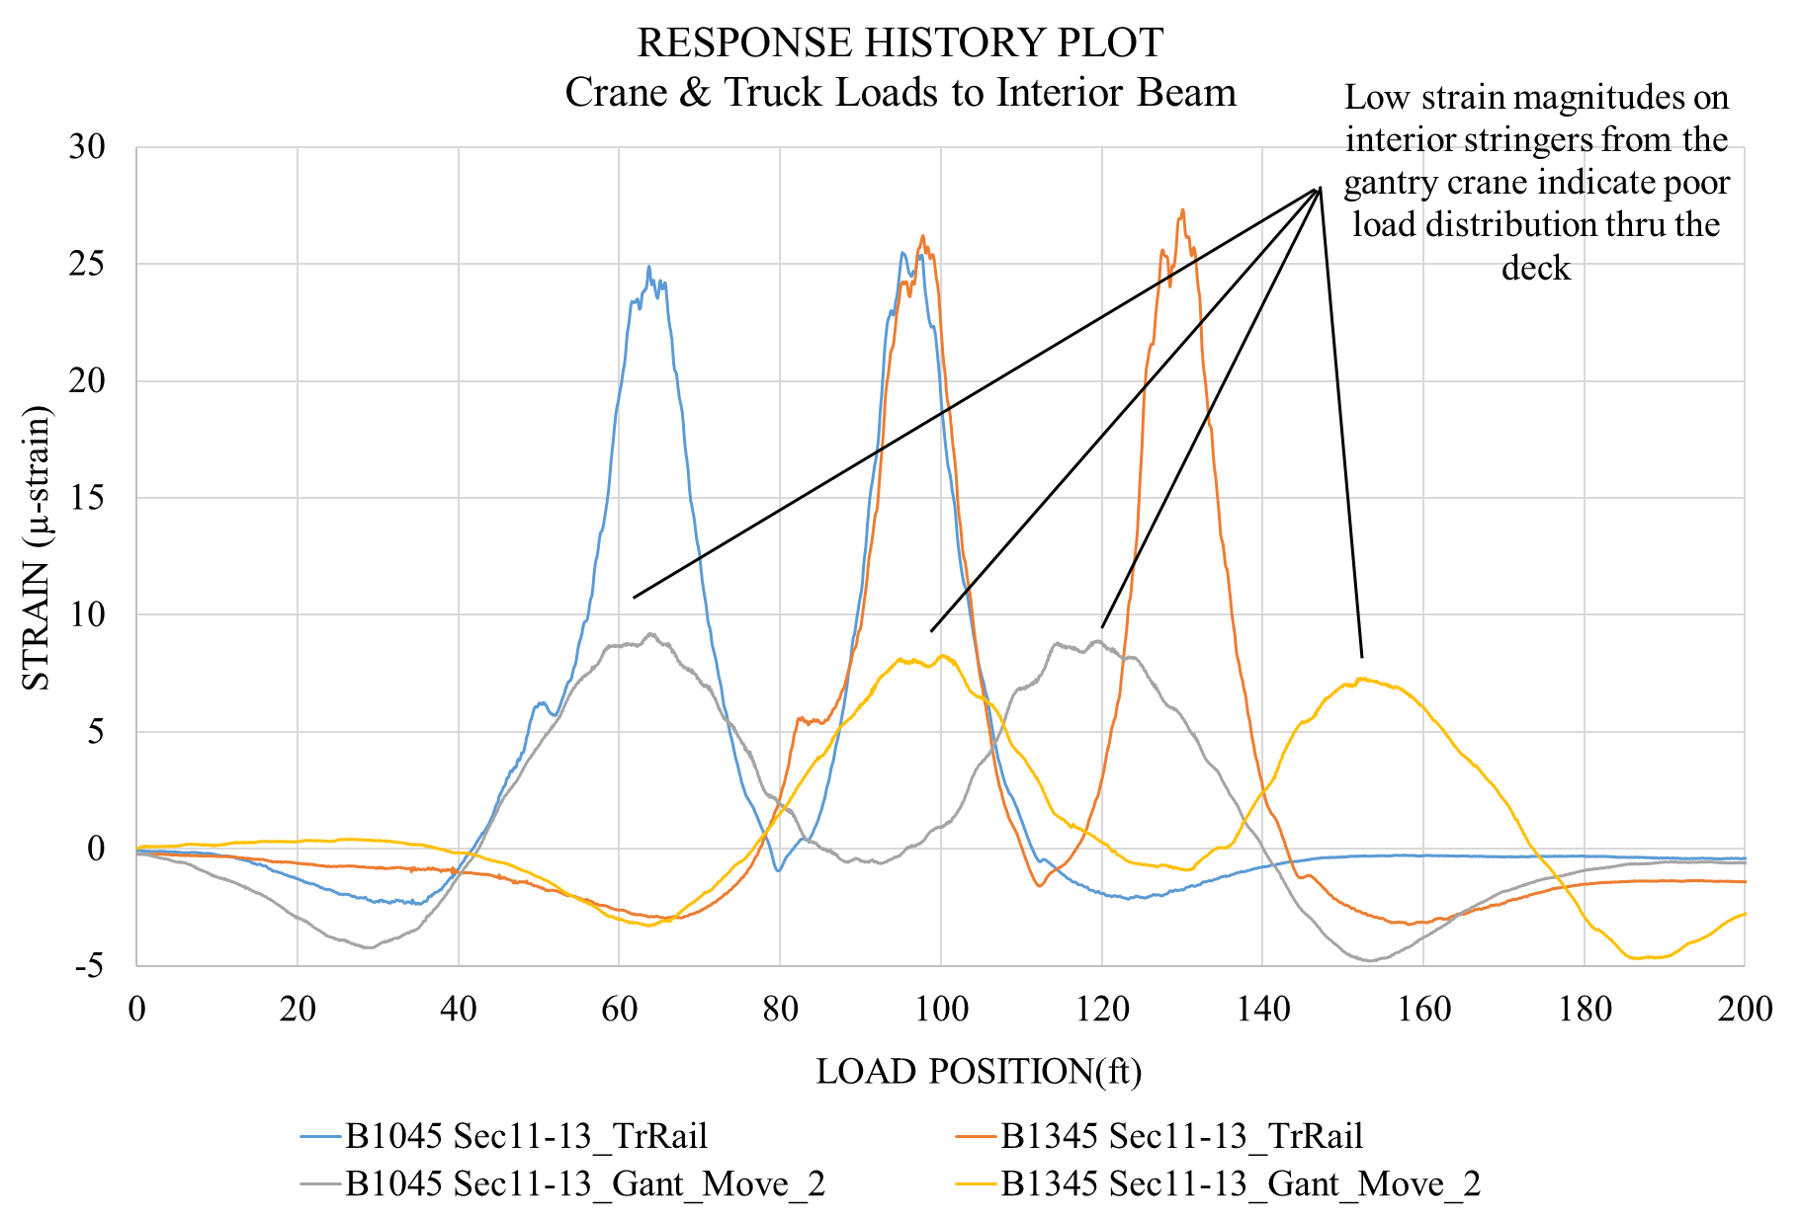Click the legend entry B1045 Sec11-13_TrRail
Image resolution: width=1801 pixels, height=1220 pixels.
click(x=525, y=1136)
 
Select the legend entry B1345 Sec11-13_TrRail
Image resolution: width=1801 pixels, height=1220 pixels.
click(x=1181, y=1136)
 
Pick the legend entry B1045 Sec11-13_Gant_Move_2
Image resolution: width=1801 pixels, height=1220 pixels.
click(x=584, y=1183)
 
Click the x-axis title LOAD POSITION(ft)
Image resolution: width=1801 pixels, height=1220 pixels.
click(x=979, y=1071)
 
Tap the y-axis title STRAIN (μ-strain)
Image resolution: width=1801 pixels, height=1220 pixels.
click(x=37, y=548)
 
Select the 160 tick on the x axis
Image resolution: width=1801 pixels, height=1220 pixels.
click(x=1424, y=1009)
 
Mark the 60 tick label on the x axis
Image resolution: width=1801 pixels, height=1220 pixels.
click(x=619, y=1009)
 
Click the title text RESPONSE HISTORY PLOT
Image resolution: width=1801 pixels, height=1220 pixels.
click(x=900, y=43)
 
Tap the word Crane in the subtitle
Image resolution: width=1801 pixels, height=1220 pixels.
click(x=610, y=93)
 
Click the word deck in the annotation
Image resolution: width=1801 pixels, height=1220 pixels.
click(x=1535, y=268)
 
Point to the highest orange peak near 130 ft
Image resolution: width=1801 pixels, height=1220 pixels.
click(x=1182, y=209)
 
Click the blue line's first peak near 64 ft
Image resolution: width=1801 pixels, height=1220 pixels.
click(x=648, y=266)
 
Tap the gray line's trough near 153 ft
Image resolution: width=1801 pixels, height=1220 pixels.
click(x=1369, y=960)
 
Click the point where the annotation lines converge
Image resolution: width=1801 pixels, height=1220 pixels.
click(x=1320, y=188)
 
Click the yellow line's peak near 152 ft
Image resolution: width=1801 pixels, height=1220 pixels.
click(x=1361, y=679)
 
